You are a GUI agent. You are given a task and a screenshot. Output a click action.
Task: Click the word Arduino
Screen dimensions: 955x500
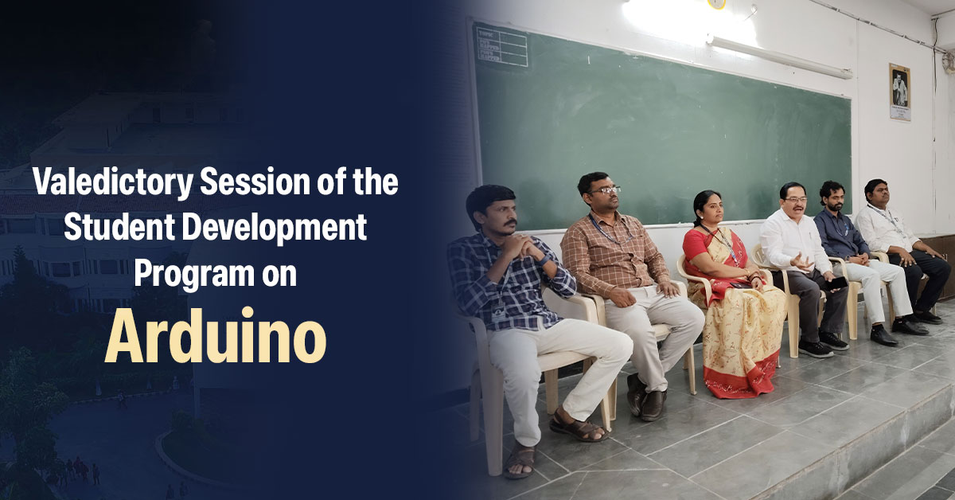pos(216,336)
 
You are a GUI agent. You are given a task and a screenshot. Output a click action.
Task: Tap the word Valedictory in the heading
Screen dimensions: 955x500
pos(113,183)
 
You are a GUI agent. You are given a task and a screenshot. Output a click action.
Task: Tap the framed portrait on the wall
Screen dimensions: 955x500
pos(899,92)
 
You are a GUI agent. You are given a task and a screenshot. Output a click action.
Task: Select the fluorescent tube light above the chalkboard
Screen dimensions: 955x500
pos(779,57)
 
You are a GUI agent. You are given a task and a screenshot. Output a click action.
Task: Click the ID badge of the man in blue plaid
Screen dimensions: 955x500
pos(497,312)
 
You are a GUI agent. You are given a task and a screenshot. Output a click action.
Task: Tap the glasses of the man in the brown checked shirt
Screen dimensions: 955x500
pos(605,190)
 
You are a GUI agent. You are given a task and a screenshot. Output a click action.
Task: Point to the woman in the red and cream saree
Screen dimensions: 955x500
pos(733,295)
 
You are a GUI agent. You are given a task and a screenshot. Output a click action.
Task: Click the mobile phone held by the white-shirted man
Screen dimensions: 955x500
pos(835,283)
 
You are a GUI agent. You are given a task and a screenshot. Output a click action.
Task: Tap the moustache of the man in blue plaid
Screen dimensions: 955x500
pos(509,224)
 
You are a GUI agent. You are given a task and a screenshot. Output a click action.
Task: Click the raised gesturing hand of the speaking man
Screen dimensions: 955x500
pos(801,261)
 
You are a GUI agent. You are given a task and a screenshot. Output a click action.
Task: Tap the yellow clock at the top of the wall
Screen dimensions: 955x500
pos(716,4)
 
